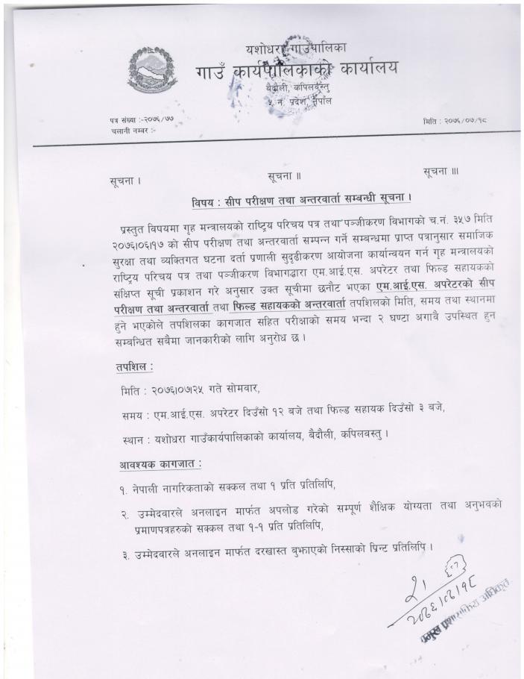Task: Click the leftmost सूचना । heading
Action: click(125, 181)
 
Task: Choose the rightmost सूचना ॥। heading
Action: click(441, 172)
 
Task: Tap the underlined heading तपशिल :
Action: click(134, 367)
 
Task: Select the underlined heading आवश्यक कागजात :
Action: click(160, 464)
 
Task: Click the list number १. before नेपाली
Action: click(124, 487)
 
